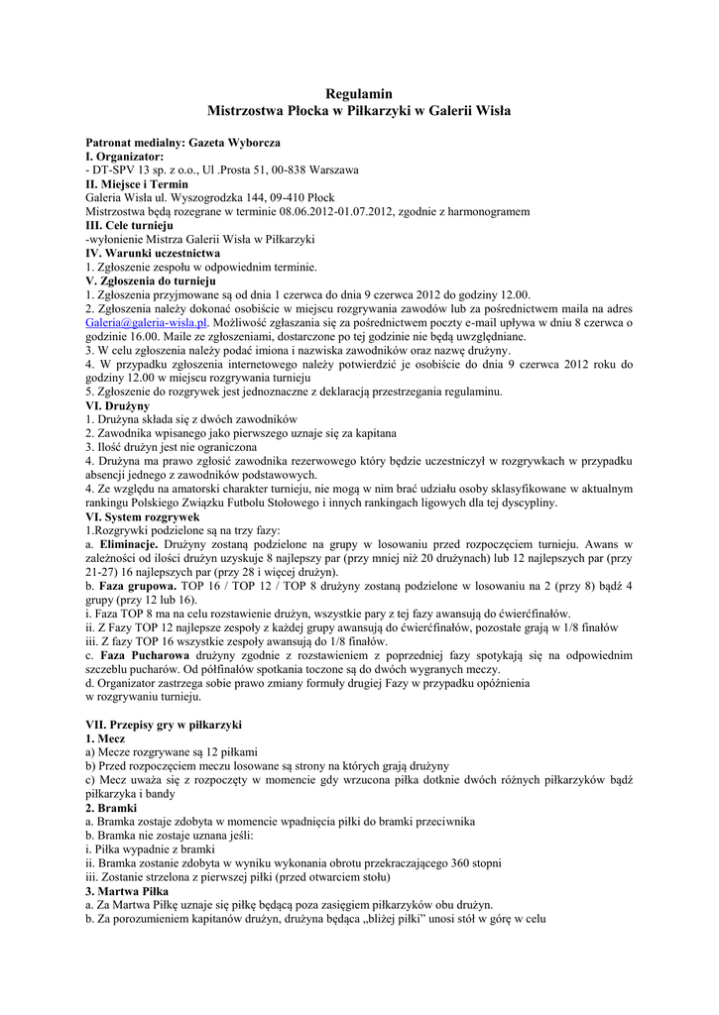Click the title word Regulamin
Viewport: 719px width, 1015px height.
(359, 93)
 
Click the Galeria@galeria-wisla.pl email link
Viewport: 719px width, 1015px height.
(147, 322)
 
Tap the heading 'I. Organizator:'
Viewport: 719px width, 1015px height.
(125, 157)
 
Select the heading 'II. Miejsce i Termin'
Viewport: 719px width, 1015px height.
(137, 184)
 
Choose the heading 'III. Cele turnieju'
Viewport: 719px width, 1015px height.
(129, 226)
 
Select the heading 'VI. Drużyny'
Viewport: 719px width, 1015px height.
(117, 405)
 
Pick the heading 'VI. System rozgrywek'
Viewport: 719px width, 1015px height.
(143, 516)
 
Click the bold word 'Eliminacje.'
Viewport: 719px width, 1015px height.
(129, 545)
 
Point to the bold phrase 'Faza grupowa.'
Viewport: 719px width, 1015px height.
(139, 586)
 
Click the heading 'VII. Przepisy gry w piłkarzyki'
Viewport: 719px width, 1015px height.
(164, 725)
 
